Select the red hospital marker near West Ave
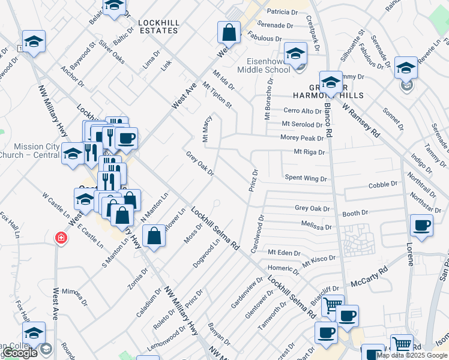[x=60, y=238]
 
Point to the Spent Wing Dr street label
[x=306, y=178]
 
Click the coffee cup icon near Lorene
[x=421, y=226]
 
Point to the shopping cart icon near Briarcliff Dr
[x=332, y=305]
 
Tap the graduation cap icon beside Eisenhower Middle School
[x=295, y=53]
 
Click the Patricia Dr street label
[x=282, y=12]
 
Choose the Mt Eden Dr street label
[x=283, y=253]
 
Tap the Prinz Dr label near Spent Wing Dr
[x=254, y=181]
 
